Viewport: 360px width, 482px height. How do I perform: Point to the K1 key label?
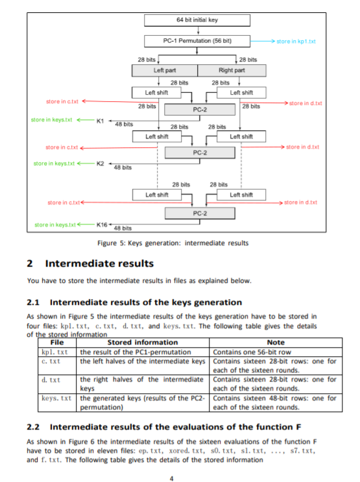[x=99, y=121]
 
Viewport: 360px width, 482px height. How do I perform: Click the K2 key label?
[x=99, y=163]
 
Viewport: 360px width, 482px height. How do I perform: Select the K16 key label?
[x=102, y=224]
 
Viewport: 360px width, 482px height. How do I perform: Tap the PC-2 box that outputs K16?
[x=200, y=213]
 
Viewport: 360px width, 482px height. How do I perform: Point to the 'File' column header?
[x=57, y=342]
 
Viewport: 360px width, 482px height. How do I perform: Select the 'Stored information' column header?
[x=142, y=342]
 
